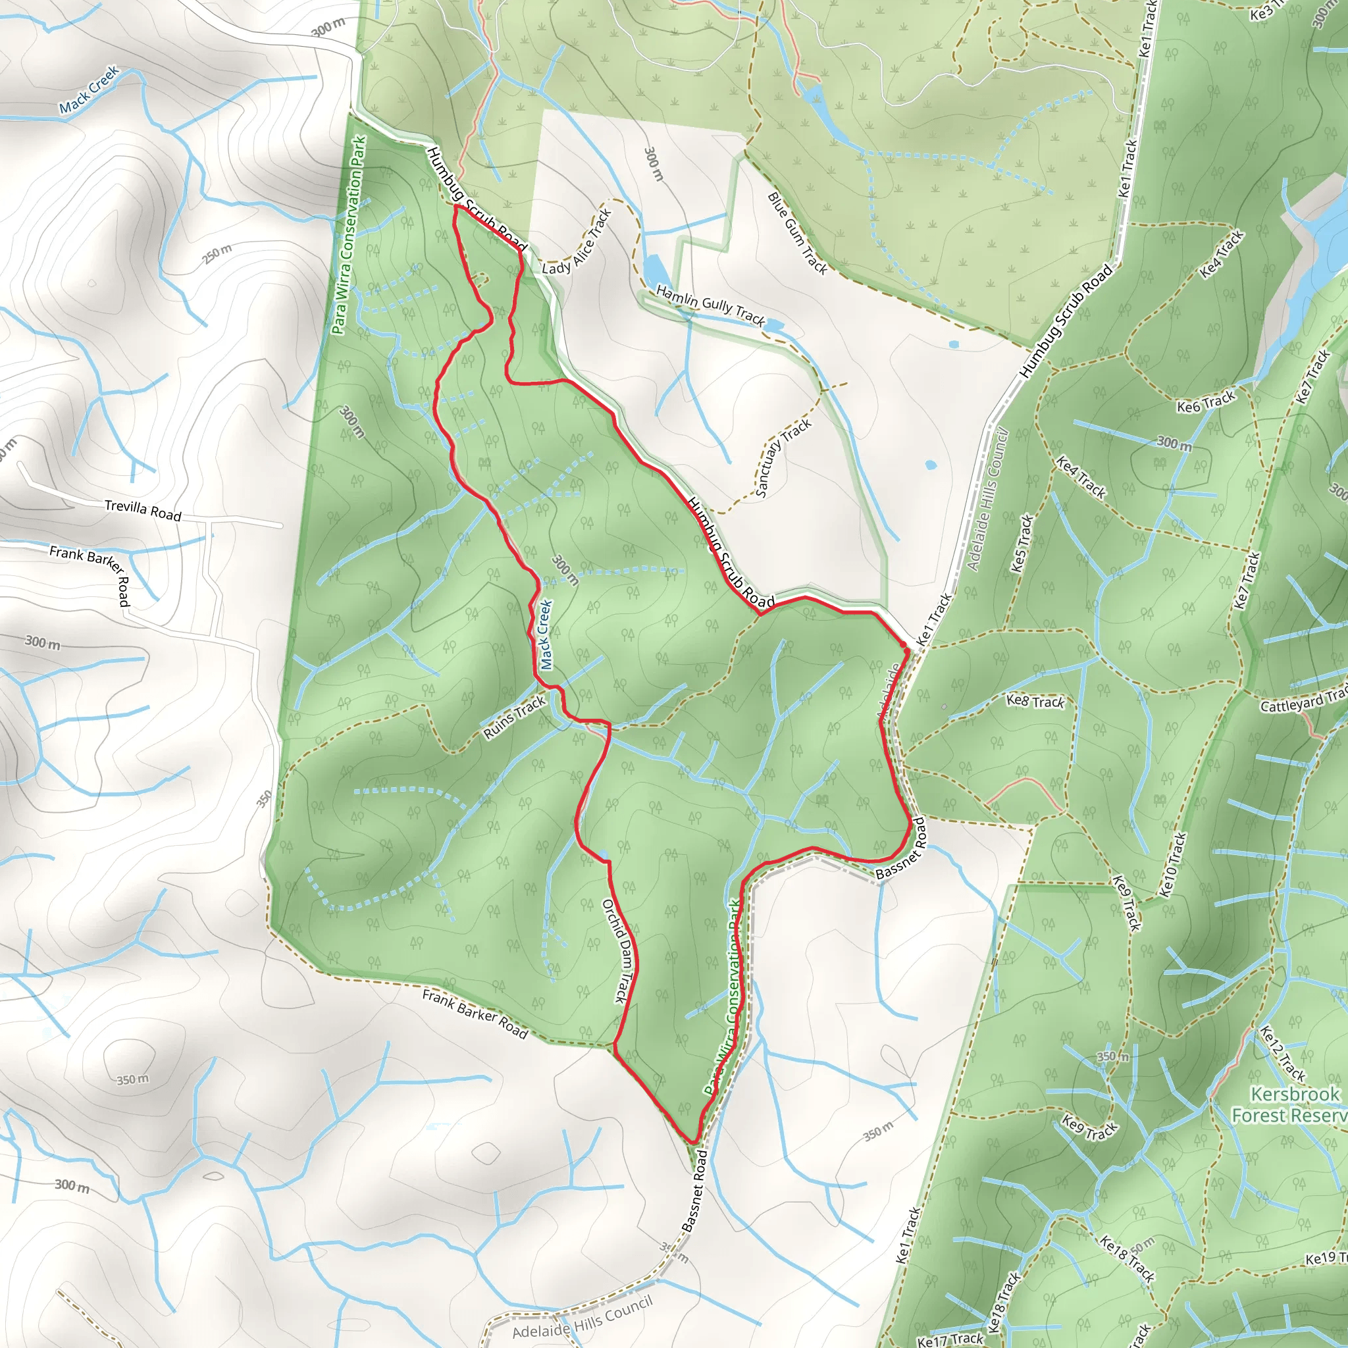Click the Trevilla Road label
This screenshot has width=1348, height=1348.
(x=143, y=510)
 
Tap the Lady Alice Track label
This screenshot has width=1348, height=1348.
(x=577, y=242)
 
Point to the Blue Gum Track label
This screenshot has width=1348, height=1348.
(x=797, y=233)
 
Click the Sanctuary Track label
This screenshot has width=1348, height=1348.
(x=783, y=457)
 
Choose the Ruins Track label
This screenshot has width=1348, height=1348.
(x=514, y=718)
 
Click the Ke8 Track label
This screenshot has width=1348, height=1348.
(x=1035, y=701)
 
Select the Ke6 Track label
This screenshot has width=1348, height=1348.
(x=1206, y=402)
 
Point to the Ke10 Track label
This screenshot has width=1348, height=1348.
(x=1172, y=864)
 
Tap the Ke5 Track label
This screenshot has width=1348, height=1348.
(x=1022, y=544)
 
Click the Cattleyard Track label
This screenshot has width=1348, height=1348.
(x=1303, y=702)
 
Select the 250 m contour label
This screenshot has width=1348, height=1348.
(x=217, y=254)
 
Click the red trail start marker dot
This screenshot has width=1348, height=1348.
(x=904, y=644)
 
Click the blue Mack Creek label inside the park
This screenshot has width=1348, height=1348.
(x=546, y=635)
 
